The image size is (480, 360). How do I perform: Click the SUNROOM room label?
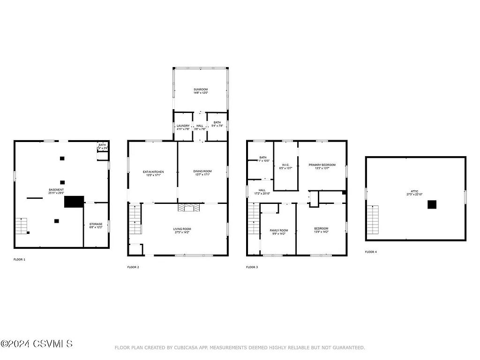point(201,89)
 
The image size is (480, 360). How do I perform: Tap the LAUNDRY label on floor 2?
point(183,126)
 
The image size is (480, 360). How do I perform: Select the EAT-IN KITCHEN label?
point(153,172)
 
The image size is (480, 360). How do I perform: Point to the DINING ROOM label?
point(202,172)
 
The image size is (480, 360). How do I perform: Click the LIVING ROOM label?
point(182,229)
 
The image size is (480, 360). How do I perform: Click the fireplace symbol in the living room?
point(188,208)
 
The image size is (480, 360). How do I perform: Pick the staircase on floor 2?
point(135,219)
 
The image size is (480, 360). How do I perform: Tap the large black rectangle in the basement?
point(74,202)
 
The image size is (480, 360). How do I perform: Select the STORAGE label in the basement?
point(96,224)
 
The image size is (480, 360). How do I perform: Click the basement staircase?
point(22,226)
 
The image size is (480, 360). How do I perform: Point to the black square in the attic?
point(432,204)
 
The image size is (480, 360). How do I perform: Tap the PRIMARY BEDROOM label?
point(322,165)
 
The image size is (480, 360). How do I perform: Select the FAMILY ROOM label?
point(278,231)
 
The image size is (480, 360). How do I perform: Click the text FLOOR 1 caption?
point(19,259)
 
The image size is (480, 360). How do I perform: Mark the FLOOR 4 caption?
point(371,252)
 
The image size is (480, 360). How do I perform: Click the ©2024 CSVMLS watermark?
point(37,344)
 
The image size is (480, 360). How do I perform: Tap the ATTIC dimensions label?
point(415,195)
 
